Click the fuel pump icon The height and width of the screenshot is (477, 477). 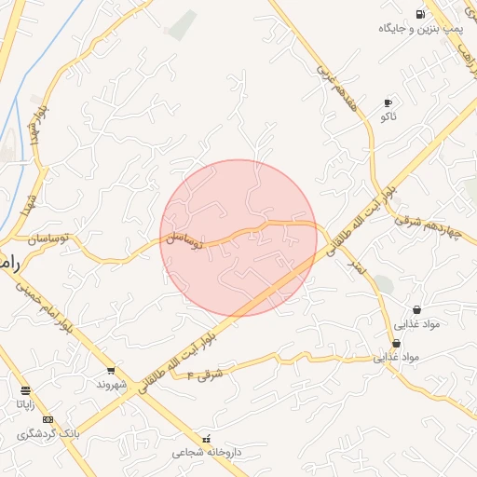click(x=421, y=14)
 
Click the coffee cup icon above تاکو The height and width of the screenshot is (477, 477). click(x=388, y=102)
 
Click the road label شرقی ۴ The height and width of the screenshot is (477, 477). click(x=206, y=375)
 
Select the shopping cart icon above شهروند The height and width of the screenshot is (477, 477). click(x=111, y=371)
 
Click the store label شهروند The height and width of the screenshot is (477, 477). click(x=110, y=384)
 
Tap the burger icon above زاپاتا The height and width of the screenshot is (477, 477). click(x=25, y=390)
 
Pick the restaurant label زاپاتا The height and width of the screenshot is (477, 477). click(x=25, y=404)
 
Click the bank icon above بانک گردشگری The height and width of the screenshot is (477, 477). click(x=48, y=419)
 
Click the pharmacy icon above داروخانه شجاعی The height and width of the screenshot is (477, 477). click(x=206, y=438)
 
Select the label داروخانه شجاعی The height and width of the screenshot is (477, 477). click(x=206, y=452)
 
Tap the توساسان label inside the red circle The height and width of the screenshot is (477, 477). click(x=184, y=240)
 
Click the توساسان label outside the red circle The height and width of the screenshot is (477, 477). click(x=51, y=239)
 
